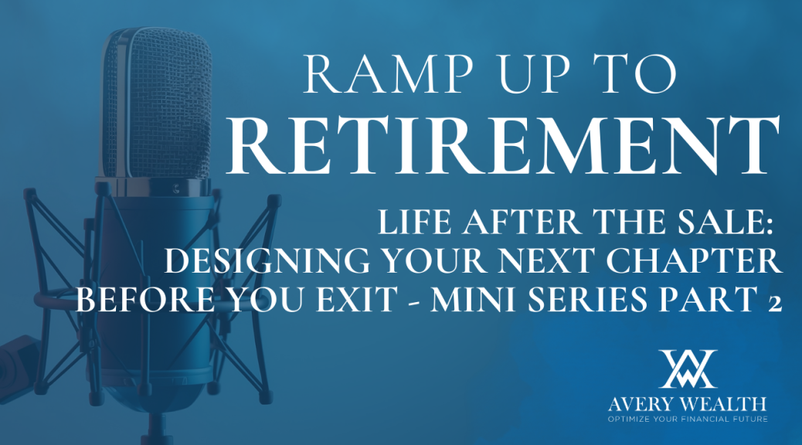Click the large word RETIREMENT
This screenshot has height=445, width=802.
503,146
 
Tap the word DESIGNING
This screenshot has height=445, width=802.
267,260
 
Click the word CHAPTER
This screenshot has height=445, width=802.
694,260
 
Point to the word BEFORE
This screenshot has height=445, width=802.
145,299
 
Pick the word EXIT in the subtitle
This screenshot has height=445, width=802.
357,299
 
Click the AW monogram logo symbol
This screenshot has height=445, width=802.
688,369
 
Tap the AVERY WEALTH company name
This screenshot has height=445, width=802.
688,404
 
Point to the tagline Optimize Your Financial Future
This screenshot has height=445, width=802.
688,420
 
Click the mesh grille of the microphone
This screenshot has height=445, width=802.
158,102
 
